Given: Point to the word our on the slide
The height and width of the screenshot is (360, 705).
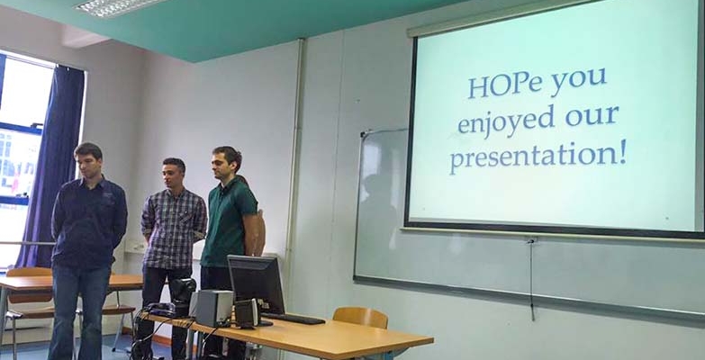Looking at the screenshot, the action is [x=592, y=116].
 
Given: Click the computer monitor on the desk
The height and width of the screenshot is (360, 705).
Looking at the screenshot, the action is [x=257, y=285].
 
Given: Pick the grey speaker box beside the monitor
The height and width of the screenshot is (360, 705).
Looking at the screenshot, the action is [x=214, y=308].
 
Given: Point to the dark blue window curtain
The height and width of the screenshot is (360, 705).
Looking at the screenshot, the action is [x=50, y=166].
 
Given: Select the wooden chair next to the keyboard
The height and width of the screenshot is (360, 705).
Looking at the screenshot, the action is [x=361, y=319].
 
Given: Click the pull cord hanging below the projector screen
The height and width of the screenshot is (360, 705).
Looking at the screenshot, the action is [x=532, y=280].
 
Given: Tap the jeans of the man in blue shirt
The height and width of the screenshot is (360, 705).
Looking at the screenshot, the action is [x=78, y=312].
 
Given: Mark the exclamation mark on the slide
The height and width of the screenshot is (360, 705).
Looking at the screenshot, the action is [x=623, y=151].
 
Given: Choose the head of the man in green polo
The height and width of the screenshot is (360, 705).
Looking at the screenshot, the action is [x=227, y=163].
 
